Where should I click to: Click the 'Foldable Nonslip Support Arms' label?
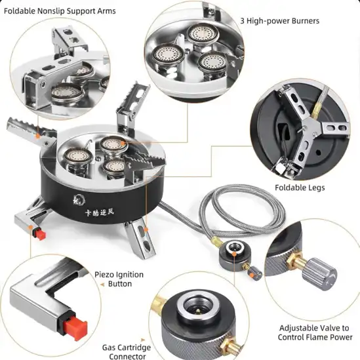pyautogui.click(x=60, y=11)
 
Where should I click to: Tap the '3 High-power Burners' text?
pyautogui.click(x=279, y=21)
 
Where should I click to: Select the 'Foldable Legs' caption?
pyautogui.click(x=300, y=188)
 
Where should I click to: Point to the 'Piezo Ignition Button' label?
pyautogui.click(x=119, y=279)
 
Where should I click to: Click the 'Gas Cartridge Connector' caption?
pyautogui.click(x=127, y=351)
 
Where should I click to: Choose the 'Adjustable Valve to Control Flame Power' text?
pyautogui.click(x=315, y=332)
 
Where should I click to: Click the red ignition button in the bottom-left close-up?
pyautogui.click(x=75, y=325)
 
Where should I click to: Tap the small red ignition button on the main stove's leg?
pyautogui.click(x=41, y=234)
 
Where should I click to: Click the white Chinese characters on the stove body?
pyautogui.click(x=100, y=212)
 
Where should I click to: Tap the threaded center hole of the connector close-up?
pyautogui.click(x=199, y=308)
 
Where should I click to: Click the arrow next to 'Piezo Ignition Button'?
pyautogui.click(x=102, y=285)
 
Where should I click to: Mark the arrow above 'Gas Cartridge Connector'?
pyautogui.click(x=143, y=340)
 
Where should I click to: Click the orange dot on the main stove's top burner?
pyautogui.click(x=123, y=144)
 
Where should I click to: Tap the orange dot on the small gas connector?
pyautogui.click(x=234, y=254)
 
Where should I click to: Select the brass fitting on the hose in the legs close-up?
pyautogui.click(x=315, y=110)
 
